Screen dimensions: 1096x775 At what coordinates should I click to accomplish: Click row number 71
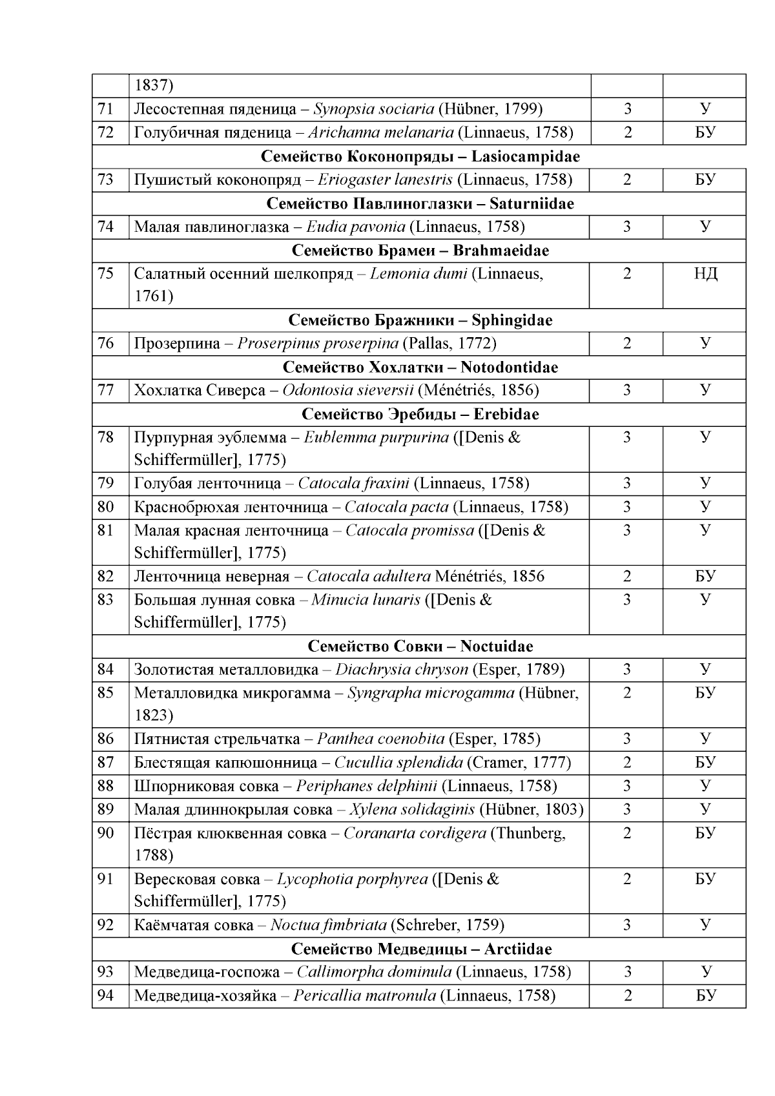pos(106,109)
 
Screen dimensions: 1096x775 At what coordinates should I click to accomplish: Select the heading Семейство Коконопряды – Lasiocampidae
pos(420,156)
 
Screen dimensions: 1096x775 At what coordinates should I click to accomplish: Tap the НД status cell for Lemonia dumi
pos(705,274)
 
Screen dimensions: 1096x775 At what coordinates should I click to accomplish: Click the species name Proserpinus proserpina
pos(318,344)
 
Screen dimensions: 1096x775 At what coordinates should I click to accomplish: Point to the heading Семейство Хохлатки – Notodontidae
pos(420,367)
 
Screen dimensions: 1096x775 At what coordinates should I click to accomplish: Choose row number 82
pos(106,577)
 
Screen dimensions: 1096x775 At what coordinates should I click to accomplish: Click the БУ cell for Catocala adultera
pos(705,577)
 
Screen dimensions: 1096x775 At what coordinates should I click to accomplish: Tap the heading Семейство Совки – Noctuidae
pos(420,646)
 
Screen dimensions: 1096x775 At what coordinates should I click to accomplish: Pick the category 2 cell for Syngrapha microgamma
pos(626,694)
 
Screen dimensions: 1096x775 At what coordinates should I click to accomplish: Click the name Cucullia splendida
pos(398,763)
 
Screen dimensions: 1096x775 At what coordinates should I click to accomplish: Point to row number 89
pos(106,810)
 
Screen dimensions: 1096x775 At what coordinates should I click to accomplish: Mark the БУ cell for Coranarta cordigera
pos(705,834)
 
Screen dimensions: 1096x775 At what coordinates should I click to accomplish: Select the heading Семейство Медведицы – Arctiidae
pos(420,949)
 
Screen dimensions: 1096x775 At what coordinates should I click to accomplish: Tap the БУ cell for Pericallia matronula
pos(705,996)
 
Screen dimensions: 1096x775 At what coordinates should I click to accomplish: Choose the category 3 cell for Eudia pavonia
pos(626,227)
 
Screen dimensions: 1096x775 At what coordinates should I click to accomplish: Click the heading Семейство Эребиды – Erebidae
pos(420,415)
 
